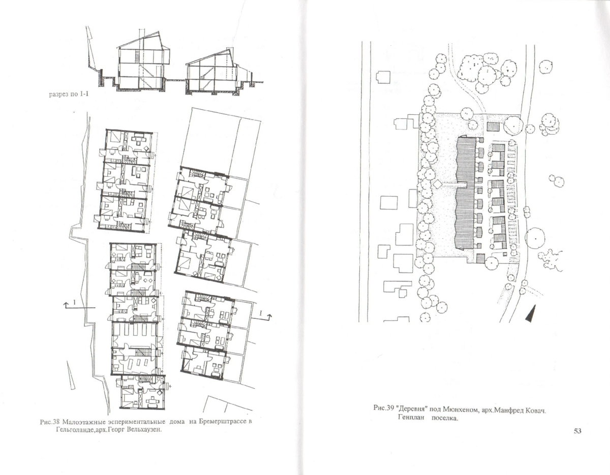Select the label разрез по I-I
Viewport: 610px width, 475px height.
(69, 94)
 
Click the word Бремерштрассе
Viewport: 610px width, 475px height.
(222, 422)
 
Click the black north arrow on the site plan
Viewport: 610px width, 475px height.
(531, 313)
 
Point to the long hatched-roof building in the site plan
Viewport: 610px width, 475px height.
(465, 193)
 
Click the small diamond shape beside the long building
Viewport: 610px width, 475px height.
(437, 184)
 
